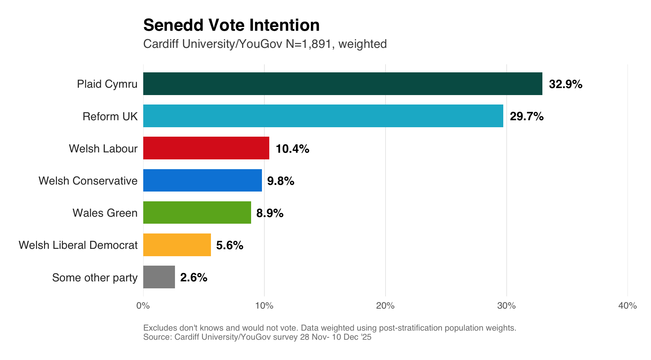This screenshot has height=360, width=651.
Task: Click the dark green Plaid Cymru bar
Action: [342, 84]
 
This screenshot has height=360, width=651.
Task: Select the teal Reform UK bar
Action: [323, 116]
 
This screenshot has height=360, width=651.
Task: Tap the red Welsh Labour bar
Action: [206, 148]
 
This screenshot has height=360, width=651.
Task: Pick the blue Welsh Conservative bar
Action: [203, 180]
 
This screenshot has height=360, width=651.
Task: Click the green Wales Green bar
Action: [197, 213]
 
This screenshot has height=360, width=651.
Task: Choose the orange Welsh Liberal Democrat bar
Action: [177, 245]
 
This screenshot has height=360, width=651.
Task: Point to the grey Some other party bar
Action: [159, 277]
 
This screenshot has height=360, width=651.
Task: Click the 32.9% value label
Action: [565, 84]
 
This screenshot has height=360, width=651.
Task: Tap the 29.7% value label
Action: [526, 116]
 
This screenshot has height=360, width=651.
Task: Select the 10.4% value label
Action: [292, 149]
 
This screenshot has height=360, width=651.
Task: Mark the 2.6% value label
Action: [193, 278]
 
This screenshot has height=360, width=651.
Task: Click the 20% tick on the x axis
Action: [385, 306]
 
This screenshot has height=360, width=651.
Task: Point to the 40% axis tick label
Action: [627, 306]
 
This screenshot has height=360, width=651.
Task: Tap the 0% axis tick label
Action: [143, 306]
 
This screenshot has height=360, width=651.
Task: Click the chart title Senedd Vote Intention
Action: [231, 25]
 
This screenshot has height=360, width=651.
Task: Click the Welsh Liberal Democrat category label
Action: [78, 245]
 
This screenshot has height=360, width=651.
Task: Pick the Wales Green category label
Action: [105, 213]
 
